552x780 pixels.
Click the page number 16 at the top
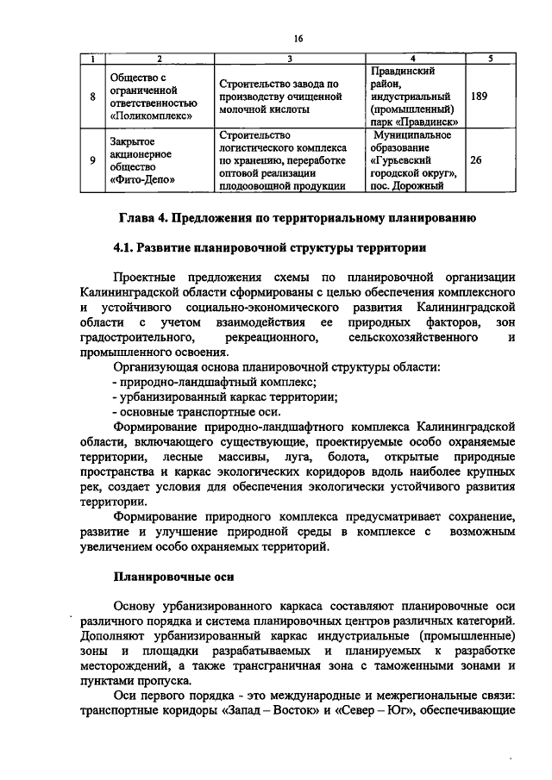click(x=298, y=38)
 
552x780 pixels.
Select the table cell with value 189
click(x=480, y=97)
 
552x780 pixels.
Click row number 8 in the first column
click(x=92, y=97)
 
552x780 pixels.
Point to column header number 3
click(x=289, y=59)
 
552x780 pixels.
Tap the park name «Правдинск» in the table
click(x=424, y=122)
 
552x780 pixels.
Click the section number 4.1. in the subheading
click(x=129, y=248)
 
